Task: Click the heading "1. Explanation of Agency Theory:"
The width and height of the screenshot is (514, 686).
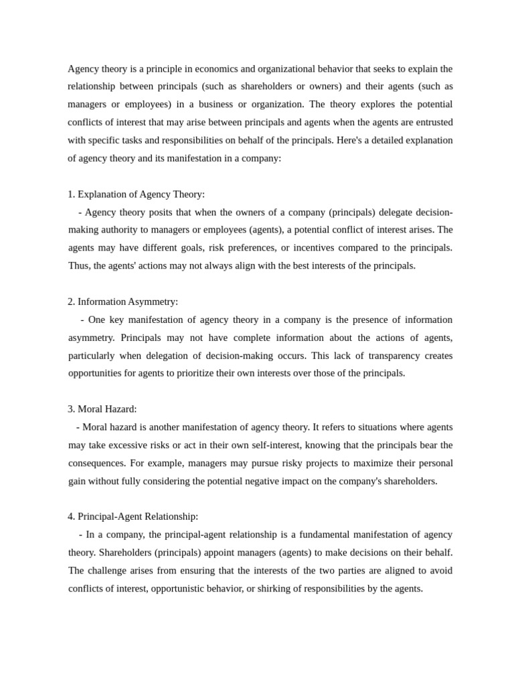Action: point(136,194)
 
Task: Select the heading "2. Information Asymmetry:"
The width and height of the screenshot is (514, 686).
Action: point(122,301)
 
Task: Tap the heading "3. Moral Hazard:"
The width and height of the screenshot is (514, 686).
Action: point(102,409)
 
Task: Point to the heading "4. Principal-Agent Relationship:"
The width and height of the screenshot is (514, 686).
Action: point(133,517)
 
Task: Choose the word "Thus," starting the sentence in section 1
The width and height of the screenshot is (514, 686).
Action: point(80,266)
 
